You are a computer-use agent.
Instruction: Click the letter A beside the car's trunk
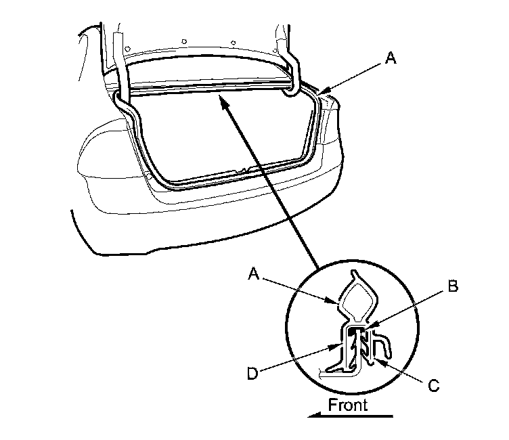389,60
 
